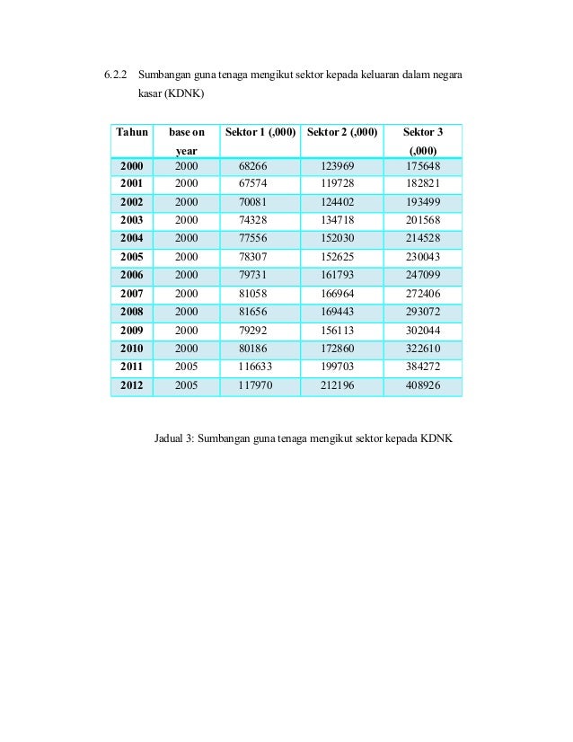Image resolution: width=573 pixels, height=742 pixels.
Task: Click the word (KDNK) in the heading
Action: pos(182,93)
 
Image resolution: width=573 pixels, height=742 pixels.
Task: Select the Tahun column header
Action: pos(132,133)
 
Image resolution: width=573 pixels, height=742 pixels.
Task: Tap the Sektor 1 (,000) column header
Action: pos(260,133)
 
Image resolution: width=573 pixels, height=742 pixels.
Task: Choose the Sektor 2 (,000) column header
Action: pos(342,133)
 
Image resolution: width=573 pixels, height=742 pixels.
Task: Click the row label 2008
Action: pos(132,312)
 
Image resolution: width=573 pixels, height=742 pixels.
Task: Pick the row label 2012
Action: pos(132,385)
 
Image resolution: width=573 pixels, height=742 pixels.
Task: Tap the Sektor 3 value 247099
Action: pos(422,275)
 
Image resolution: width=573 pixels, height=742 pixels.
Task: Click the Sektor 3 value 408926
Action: pos(422,385)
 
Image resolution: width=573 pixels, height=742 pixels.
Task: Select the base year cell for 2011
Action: pos(186,367)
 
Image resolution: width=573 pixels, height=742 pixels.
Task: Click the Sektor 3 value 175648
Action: pos(422,166)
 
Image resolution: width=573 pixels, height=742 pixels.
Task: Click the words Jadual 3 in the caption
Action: pos(173,439)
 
